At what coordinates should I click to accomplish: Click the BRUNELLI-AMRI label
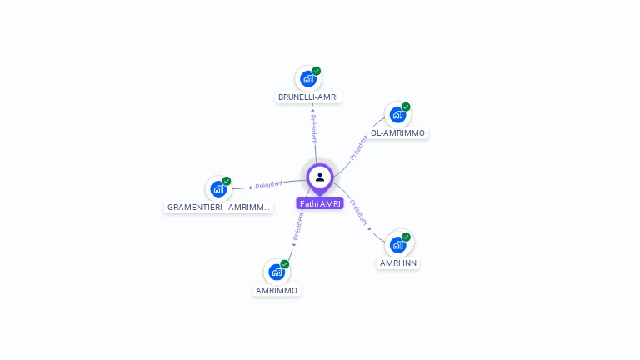(x=308, y=97)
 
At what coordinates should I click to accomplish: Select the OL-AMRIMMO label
(x=397, y=133)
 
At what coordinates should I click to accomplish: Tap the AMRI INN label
(x=398, y=263)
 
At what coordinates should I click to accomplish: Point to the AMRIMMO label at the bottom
(x=277, y=291)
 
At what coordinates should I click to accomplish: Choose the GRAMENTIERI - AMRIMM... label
(x=218, y=207)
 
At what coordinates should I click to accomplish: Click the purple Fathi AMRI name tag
(x=320, y=203)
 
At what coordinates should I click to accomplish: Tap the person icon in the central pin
(x=320, y=177)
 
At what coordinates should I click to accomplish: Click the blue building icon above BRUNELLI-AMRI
(x=308, y=79)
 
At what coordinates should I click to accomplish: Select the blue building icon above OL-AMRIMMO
(x=397, y=115)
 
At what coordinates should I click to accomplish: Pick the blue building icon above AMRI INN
(x=397, y=245)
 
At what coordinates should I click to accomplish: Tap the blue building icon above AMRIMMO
(x=277, y=272)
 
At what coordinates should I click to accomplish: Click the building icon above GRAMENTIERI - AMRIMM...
(x=218, y=189)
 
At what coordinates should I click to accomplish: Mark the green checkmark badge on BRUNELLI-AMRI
(x=317, y=71)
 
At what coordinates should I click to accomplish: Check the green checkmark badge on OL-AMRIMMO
(x=406, y=107)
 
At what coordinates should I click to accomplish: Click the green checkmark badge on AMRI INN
(x=406, y=237)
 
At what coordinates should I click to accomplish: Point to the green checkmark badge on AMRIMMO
(x=285, y=264)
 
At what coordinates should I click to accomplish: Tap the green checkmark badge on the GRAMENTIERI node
(x=227, y=181)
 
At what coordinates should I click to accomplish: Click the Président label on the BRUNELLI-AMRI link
(x=313, y=129)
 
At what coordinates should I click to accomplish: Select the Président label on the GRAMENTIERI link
(x=269, y=185)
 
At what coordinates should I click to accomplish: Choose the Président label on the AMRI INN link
(x=359, y=212)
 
